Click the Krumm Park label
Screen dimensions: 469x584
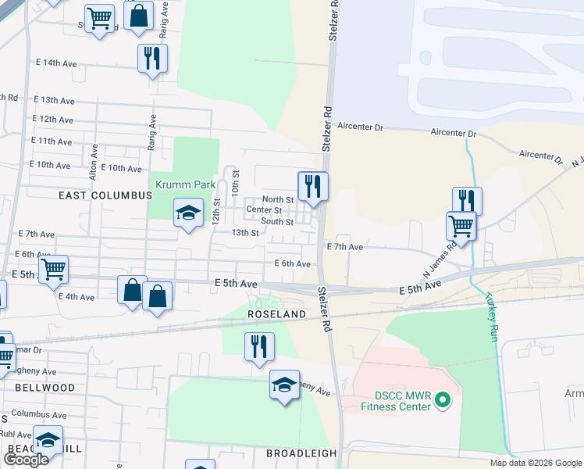click(x=185, y=185)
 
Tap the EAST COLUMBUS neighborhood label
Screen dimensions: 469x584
click(x=105, y=195)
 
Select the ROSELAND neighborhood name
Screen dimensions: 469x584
click(x=276, y=313)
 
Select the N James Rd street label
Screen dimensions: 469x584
click(x=440, y=257)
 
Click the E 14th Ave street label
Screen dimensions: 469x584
click(x=56, y=63)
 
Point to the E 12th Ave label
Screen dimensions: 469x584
click(x=52, y=120)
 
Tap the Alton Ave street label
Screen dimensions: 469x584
click(x=94, y=163)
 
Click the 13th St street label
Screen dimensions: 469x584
click(x=244, y=232)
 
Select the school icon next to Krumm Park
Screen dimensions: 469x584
click(x=188, y=213)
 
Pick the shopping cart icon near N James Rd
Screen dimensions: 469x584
click(x=461, y=226)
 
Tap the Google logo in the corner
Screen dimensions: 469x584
click(x=26, y=460)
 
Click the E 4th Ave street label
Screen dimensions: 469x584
click(x=76, y=297)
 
